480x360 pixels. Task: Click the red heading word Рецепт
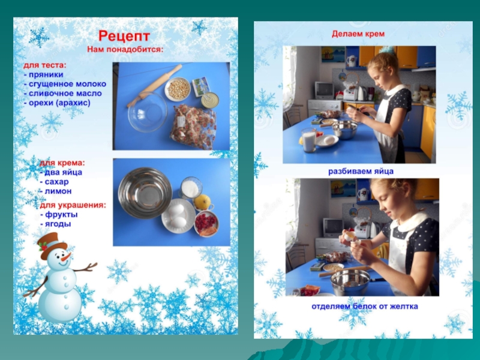point(124,36)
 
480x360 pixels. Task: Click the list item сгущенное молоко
point(65,84)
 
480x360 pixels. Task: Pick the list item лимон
point(56,191)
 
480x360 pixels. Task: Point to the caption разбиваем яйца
point(361,171)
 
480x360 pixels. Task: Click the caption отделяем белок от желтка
point(365,306)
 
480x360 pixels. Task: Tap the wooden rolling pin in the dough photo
point(154,85)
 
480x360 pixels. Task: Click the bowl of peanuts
point(178,89)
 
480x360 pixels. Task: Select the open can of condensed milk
point(210,100)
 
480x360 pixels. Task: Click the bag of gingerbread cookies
point(193,126)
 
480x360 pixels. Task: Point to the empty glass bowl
point(147,112)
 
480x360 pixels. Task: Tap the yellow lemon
point(202,202)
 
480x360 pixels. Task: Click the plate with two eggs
point(178,216)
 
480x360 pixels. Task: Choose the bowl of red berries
point(206,224)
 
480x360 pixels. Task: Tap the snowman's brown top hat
point(52,245)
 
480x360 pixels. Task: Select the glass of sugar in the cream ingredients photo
point(191,188)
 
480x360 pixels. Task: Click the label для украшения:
point(73,205)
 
